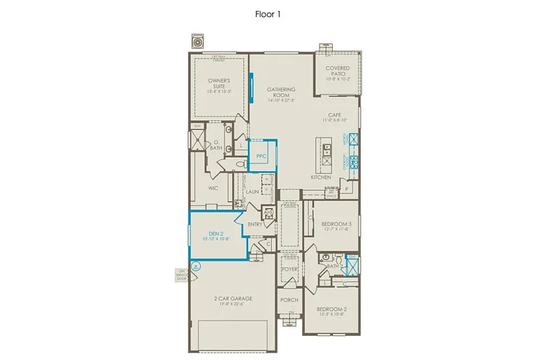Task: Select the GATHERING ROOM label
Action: (x=281, y=92)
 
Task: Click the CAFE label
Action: (x=335, y=115)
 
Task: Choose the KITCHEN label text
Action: (x=321, y=178)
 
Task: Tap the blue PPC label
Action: (x=261, y=156)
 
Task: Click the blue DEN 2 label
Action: (x=215, y=233)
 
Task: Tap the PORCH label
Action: (x=289, y=300)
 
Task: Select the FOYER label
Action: (x=289, y=269)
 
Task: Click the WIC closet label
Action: (x=213, y=188)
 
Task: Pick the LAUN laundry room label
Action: (x=252, y=192)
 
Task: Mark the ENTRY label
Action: (x=255, y=224)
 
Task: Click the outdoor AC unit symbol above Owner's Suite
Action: (x=197, y=41)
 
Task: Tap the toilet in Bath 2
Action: (x=339, y=258)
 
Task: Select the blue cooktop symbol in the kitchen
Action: (x=354, y=161)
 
